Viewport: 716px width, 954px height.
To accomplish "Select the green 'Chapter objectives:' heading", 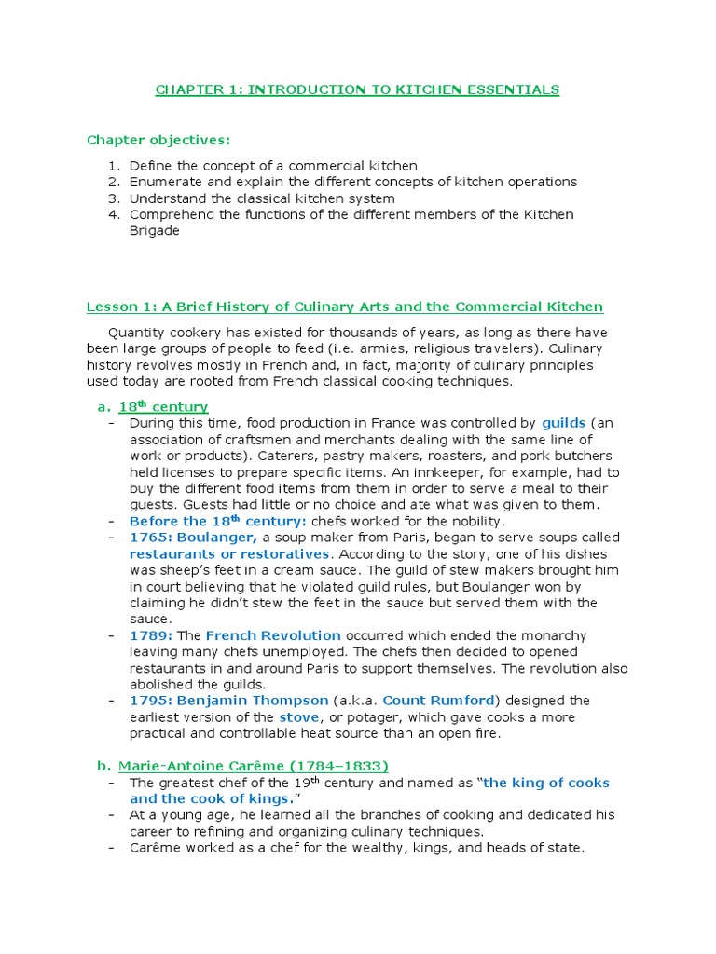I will pos(158,140).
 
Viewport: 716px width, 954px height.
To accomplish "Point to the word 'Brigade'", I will pos(154,230).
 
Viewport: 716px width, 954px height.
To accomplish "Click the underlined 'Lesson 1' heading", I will pos(344,307).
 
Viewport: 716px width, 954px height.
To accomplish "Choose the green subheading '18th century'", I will pos(163,407).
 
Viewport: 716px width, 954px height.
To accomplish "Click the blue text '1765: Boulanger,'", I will pos(193,538).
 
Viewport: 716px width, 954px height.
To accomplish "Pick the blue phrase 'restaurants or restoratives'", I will pos(229,553).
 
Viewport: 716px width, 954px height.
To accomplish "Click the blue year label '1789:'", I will pos(147,635).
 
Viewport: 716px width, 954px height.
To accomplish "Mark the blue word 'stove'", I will pos(297,716).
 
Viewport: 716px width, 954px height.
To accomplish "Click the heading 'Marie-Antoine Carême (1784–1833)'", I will pos(253,766).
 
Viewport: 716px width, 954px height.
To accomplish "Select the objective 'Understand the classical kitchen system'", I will pos(261,198).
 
